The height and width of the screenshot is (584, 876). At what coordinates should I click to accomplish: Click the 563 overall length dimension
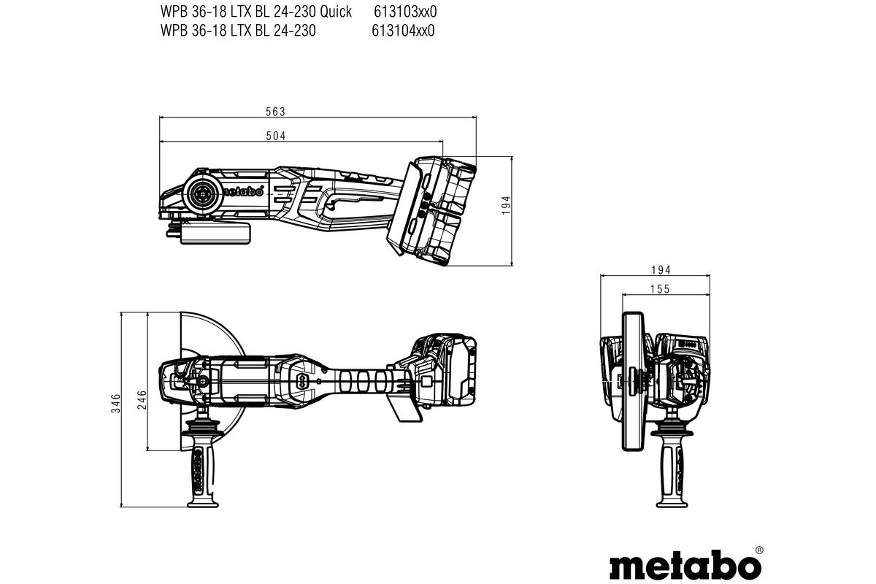point(274,112)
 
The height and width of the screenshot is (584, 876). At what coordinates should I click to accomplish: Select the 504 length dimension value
point(274,136)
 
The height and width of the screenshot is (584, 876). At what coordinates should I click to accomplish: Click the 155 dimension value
point(659,289)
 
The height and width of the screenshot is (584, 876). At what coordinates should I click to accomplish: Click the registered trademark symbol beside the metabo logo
point(758,549)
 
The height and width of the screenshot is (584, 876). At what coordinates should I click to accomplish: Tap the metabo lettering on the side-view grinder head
point(242,191)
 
